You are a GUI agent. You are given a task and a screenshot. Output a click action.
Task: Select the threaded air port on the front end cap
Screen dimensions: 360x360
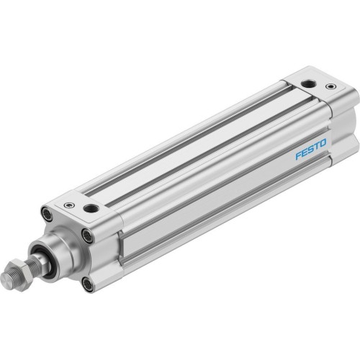(x=91, y=209)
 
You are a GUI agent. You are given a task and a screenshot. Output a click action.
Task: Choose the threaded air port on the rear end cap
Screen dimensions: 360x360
(x=308, y=84)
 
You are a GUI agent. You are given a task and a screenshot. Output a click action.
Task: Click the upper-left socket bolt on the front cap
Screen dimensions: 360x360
(x=47, y=213)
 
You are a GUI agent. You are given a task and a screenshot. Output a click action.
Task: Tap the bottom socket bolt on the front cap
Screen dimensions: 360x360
(x=87, y=283)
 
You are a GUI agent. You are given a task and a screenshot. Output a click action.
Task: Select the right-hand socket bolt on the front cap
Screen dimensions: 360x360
(x=87, y=234)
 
